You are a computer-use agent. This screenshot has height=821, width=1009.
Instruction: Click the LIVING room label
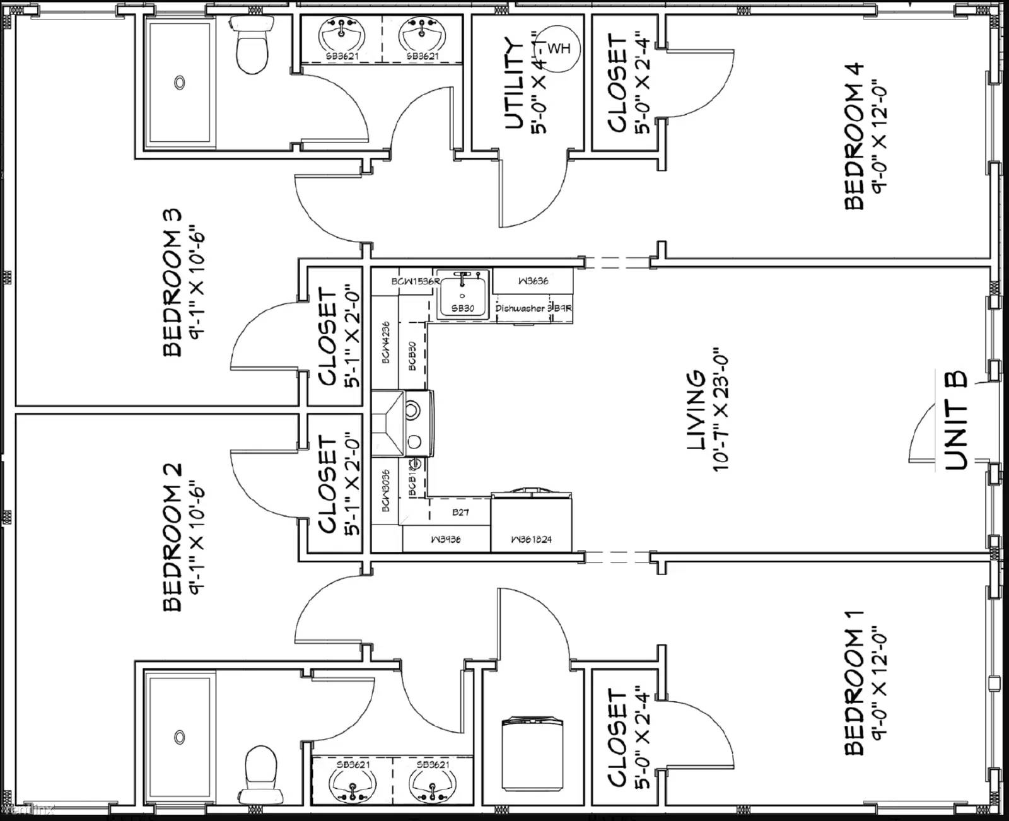[695, 410]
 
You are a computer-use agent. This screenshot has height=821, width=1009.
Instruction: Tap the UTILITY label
[515, 84]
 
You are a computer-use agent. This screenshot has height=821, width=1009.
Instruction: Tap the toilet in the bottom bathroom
[259, 771]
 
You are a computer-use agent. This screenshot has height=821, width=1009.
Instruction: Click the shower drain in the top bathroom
[180, 82]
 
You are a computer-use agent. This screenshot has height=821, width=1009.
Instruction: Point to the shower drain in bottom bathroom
[180, 737]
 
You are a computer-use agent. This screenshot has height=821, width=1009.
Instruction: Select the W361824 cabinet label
[531, 540]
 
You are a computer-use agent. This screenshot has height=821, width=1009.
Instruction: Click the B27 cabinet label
[460, 513]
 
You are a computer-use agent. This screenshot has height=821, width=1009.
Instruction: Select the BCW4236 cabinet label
[385, 342]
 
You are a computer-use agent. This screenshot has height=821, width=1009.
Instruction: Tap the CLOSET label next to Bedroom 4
[617, 83]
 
